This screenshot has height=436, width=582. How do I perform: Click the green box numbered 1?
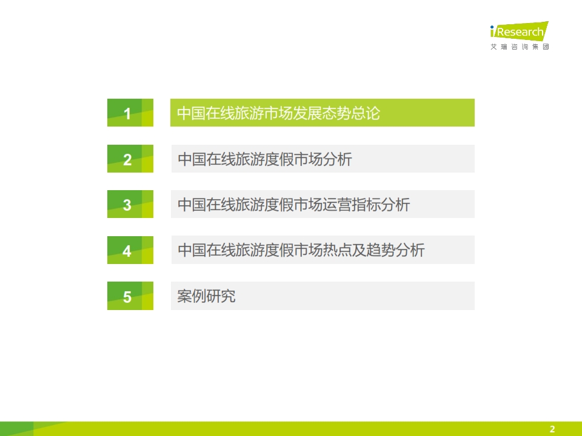pyautogui.click(x=130, y=113)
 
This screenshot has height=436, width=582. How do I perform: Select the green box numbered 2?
pyautogui.click(x=130, y=159)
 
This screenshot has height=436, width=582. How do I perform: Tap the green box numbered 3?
pyautogui.click(x=130, y=204)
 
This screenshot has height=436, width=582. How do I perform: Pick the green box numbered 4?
pyautogui.click(x=130, y=250)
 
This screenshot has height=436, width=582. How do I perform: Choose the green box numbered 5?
pyautogui.click(x=130, y=296)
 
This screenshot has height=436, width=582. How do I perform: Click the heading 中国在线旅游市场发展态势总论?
pyautogui.click(x=279, y=113)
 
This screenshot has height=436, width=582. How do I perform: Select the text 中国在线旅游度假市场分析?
pyautogui.click(x=265, y=159)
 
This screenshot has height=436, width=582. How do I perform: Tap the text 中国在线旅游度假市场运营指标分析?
pyautogui.click(x=294, y=205)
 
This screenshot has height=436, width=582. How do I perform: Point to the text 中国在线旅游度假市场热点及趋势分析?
pyautogui.click(x=301, y=250)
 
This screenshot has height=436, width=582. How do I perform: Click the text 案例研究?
pyautogui.click(x=206, y=296)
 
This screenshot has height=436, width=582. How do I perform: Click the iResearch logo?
pyautogui.click(x=520, y=31)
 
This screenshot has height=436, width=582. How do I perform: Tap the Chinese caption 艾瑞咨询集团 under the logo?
pyautogui.click(x=520, y=47)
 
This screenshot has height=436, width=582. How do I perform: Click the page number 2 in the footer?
pyautogui.click(x=552, y=429)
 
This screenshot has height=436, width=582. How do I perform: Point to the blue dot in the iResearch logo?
pyautogui.click(x=492, y=27)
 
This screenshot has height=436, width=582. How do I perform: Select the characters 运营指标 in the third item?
pyautogui.click(x=352, y=205)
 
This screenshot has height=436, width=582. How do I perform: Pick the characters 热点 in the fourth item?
pyautogui.click(x=338, y=250)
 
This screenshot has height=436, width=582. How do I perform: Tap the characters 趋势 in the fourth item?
pyautogui.click(x=381, y=250)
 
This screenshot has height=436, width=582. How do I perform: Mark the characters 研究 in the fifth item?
pyautogui.click(x=221, y=296)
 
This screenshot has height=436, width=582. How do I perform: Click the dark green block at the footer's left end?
pyautogui.click(x=17, y=429)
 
